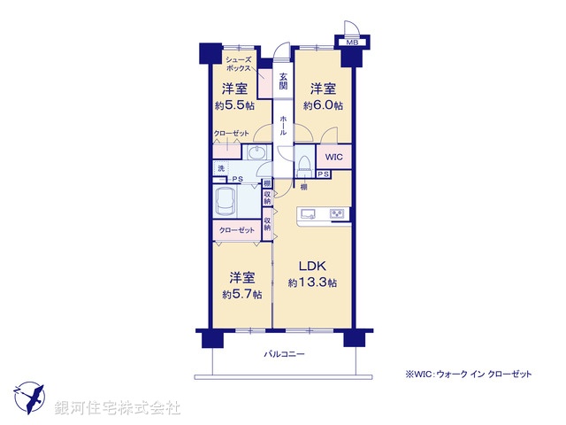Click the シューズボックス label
pyautogui.click(x=237, y=63)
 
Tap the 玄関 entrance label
pyautogui.click(x=283, y=81)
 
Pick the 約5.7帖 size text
pyautogui.click(x=241, y=294)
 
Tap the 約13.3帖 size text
pyautogui.click(x=312, y=283)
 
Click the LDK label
pyautogui.click(x=311, y=267)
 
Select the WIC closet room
pyautogui.click(x=333, y=157)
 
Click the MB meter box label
pyautogui.click(x=351, y=42)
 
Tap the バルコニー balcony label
pyautogui.click(x=283, y=354)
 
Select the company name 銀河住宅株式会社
pyautogui.click(x=117, y=408)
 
